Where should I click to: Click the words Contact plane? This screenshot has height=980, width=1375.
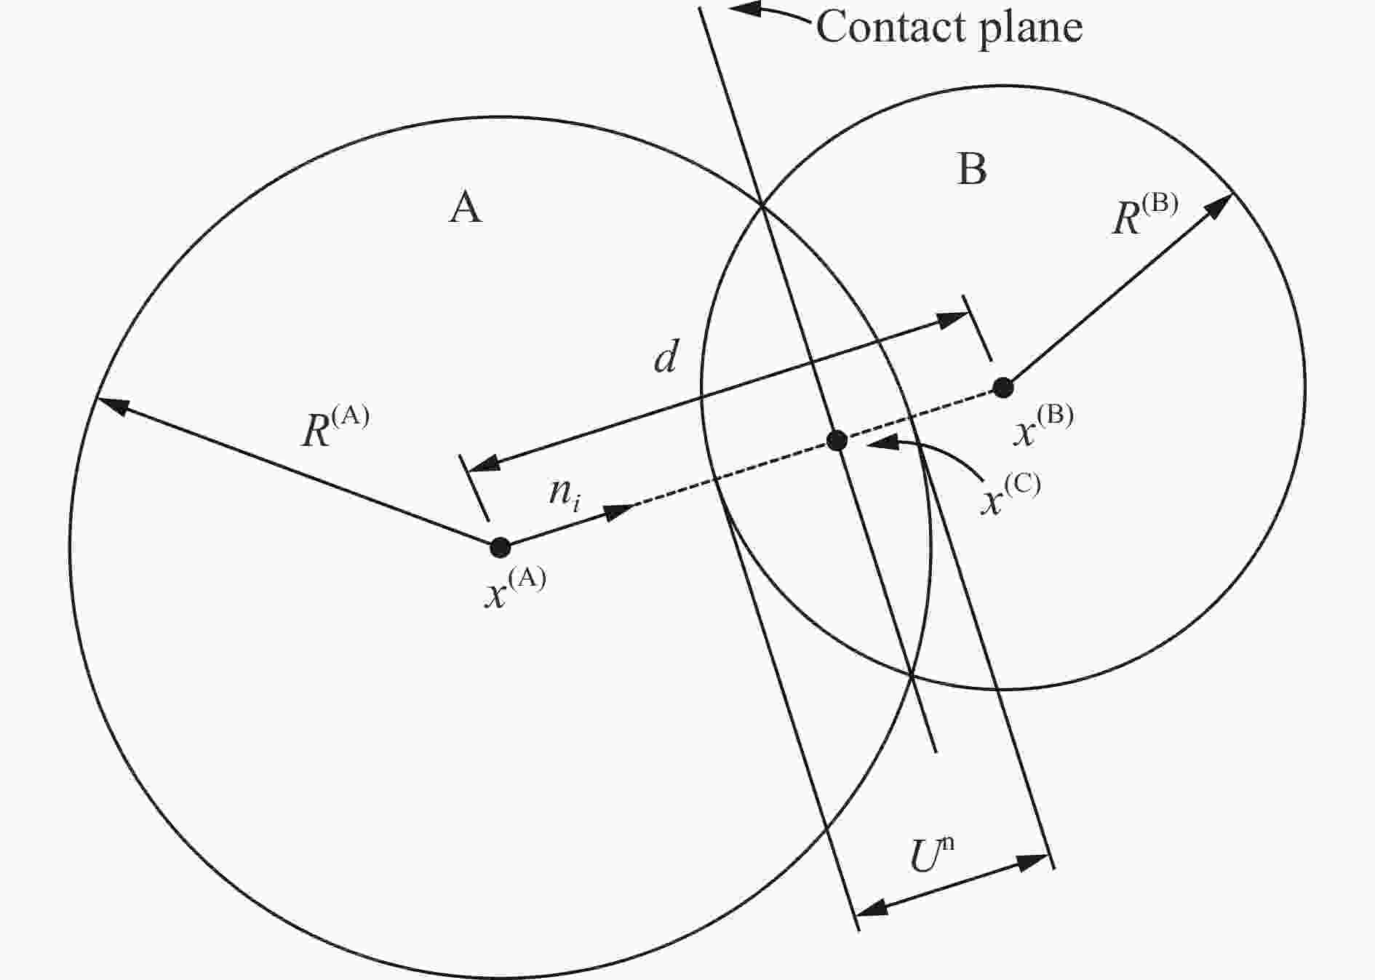click(x=949, y=28)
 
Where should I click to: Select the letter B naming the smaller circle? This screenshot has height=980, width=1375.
click(x=972, y=169)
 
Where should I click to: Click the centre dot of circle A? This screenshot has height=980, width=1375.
click(x=500, y=547)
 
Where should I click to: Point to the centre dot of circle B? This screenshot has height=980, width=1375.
click(x=1003, y=388)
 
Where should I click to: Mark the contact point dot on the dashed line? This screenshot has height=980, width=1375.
click(x=837, y=440)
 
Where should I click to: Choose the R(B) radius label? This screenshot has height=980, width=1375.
click(x=1145, y=214)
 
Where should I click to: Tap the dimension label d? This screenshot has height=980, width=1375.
click(x=666, y=357)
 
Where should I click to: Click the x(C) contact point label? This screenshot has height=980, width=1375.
click(x=1011, y=494)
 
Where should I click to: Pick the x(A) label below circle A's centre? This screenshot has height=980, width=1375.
click(x=515, y=587)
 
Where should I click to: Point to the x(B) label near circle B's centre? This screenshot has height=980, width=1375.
click(x=1043, y=425)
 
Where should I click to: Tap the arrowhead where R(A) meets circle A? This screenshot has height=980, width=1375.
click(x=113, y=405)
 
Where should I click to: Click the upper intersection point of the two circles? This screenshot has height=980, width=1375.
click(x=762, y=206)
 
